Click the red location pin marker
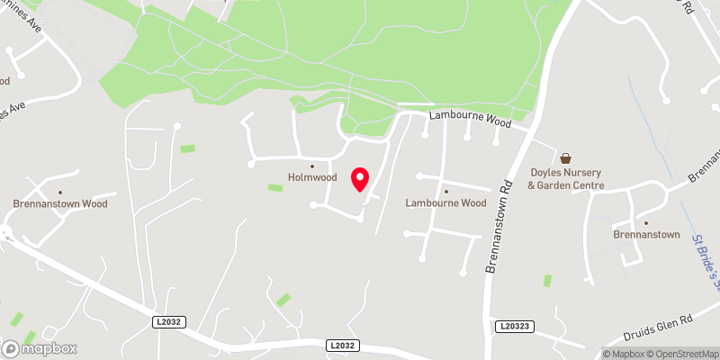pyautogui.click(x=360, y=179)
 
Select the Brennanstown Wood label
pyautogui.click(x=60, y=203)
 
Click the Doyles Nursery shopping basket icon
pyautogui.click(x=565, y=157)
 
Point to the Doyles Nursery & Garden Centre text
pyautogui.click(x=565, y=179)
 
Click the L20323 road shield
pyautogui.click(x=514, y=325)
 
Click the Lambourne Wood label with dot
pyautogui.click(x=445, y=202)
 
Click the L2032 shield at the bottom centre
pyautogui.click(x=342, y=345)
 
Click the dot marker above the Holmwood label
pyautogui.click(x=312, y=166)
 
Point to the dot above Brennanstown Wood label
pyautogui.click(x=60, y=192)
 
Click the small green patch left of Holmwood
pyautogui.click(x=275, y=187)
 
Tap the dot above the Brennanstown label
pyautogui.click(x=644, y=222)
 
